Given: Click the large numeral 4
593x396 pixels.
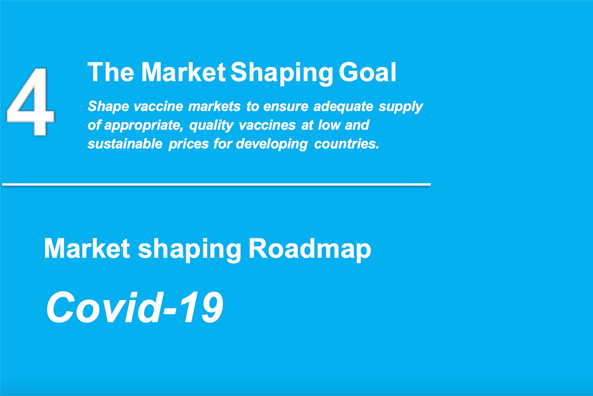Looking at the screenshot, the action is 30,101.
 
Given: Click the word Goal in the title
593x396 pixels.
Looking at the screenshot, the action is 367,72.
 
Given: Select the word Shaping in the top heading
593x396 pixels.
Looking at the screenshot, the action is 282,73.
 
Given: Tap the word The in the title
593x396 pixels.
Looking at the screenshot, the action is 111,72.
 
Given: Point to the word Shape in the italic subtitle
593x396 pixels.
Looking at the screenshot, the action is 108,107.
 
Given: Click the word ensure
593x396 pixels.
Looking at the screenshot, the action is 286,107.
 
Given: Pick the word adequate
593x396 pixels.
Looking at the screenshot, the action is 343,107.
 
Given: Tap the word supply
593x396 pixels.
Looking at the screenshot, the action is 400,107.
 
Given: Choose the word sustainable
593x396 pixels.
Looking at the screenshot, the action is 125,144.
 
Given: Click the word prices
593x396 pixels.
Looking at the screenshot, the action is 188,145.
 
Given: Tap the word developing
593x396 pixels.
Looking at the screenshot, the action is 272,145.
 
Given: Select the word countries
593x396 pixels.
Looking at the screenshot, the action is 346,144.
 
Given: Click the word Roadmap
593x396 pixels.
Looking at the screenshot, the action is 310,250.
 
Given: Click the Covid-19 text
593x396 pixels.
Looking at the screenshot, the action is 135,307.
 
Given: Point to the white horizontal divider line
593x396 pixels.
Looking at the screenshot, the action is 216,185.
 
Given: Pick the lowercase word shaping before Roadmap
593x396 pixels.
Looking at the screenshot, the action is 189,250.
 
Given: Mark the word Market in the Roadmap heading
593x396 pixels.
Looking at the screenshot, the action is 87,249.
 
